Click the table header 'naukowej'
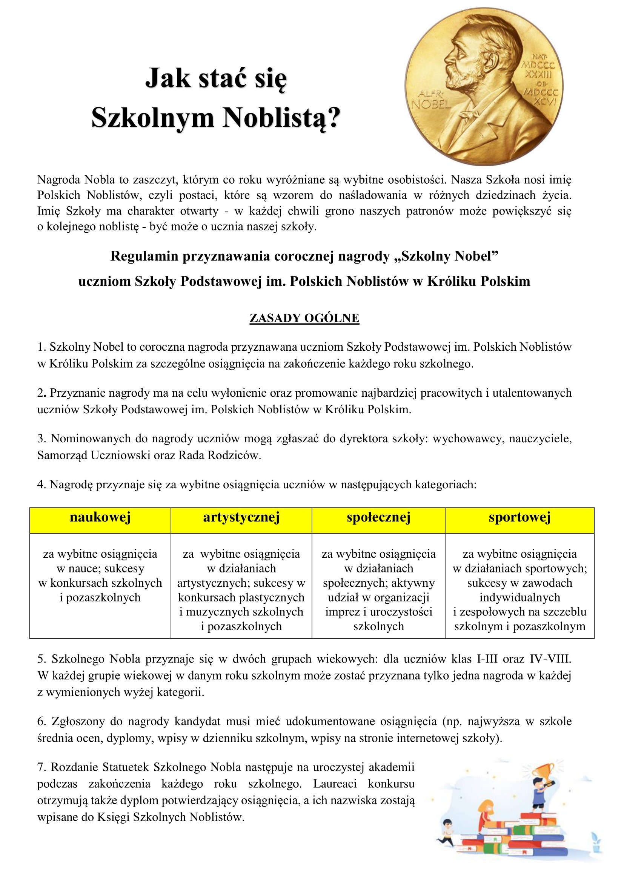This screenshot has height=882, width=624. click(x=100, y=517)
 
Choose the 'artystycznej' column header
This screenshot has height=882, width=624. click(x=241, y=517)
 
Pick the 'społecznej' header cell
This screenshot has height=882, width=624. click(x=378, y=517)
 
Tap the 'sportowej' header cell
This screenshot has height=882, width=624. click(x=519, y=517)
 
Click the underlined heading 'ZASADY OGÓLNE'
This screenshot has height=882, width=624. click(x=304, y=318)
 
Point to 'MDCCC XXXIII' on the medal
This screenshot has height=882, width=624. click(x=538, y=69)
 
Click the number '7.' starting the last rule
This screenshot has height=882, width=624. click(x=42, y=767)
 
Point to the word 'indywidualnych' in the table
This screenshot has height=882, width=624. click(x=519, y=597)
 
